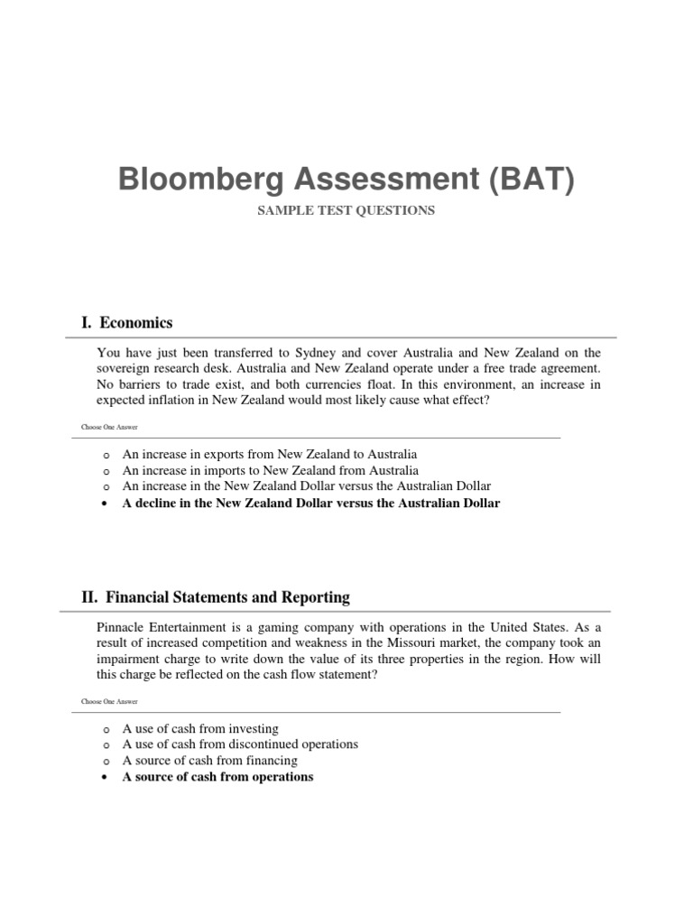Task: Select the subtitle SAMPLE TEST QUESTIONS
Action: click(x=346, y=211)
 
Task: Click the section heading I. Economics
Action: click(x=127, y=323)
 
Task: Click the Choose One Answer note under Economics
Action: click(x=110, y=427)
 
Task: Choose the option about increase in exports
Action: click(x=270, y=455)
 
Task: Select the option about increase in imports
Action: click(x=270, y=471)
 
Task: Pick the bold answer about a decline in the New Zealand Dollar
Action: click(x=310, y=504)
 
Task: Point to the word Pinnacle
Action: click(x=120, y=627)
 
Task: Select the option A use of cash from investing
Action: click(x=200, y=728)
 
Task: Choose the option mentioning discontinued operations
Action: click(x=240, y=744)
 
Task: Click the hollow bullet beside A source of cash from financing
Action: click(x=106, y=762)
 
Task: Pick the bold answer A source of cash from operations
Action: click(x=217, y=777)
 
